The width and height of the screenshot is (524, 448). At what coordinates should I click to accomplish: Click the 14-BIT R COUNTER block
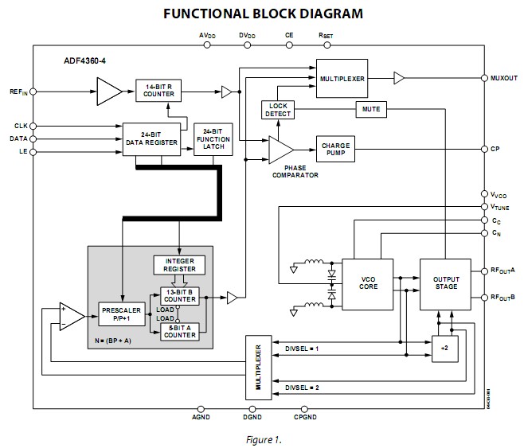[x=159, y=91]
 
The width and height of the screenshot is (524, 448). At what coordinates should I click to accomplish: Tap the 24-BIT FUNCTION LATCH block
[x=213, y=139]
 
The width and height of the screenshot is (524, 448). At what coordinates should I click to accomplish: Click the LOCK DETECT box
[x=278, y=110]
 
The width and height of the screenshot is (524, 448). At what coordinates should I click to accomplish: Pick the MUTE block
[x=370, y=108]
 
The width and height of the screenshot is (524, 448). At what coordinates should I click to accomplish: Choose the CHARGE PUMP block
[x=336, y=150]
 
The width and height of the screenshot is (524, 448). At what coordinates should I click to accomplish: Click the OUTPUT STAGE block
[x=445, y=282]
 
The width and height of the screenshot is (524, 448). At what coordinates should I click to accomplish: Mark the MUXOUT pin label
[x=504, y=78]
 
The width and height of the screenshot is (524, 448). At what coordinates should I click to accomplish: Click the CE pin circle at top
[x=288, y=45]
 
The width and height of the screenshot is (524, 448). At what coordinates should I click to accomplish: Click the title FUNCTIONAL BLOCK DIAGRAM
[x=263, y=14]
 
